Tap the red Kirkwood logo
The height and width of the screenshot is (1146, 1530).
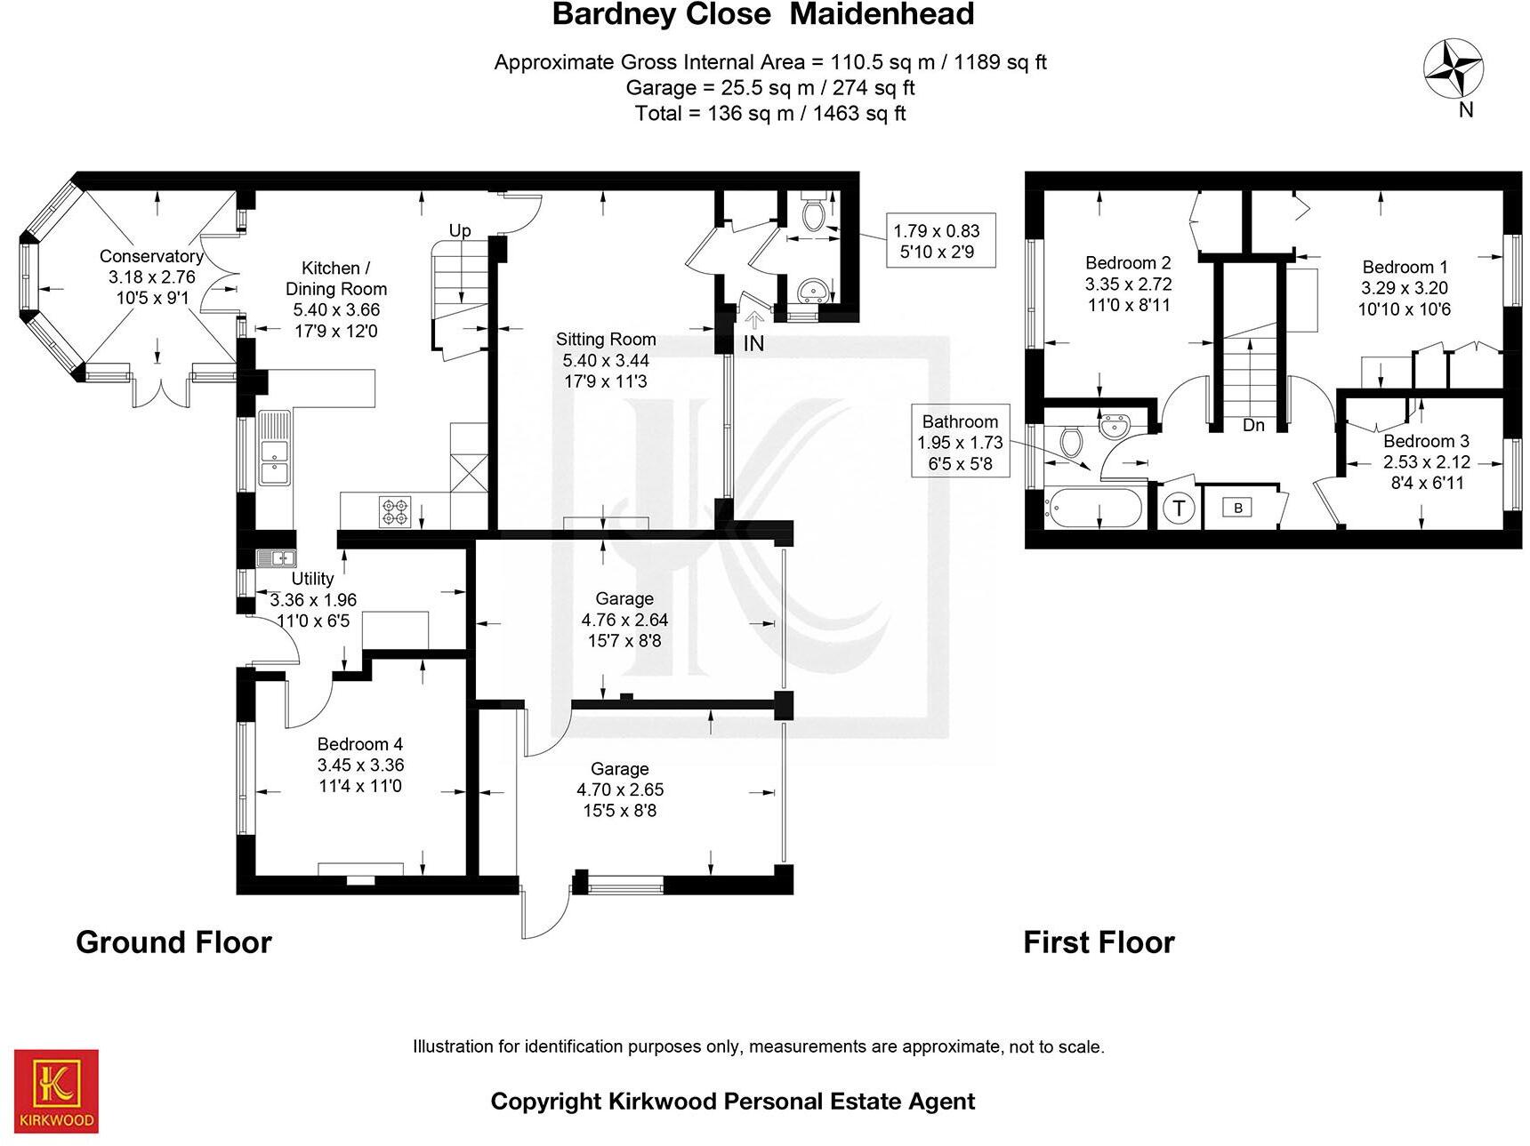tap(56, 1091)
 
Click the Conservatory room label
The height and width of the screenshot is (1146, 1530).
tap(151, 256)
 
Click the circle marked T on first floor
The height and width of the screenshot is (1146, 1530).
tap(1180, 509)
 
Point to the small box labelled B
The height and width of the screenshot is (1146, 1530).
tap(1237, 508)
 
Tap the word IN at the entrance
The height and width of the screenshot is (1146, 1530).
tap(753, 343)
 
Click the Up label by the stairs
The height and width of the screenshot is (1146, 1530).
tap(460, 230)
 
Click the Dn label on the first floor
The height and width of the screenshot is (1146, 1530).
tap(1253, 425)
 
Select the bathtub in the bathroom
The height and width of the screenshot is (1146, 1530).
tap(1092, 509)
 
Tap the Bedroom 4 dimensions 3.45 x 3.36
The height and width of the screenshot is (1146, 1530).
tap(360, 765)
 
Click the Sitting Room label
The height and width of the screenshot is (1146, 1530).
tap(606, 339)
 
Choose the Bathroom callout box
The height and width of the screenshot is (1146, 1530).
tap(960, 442)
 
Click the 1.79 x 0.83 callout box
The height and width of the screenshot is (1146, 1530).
tap(939, 241)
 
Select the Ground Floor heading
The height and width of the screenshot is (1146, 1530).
tap(173, 942)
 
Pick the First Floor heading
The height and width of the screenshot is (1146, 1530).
tap(1099, 942)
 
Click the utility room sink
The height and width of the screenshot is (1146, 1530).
tap(276, 558)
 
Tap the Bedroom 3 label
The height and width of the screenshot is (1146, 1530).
tap(1426, 441)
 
